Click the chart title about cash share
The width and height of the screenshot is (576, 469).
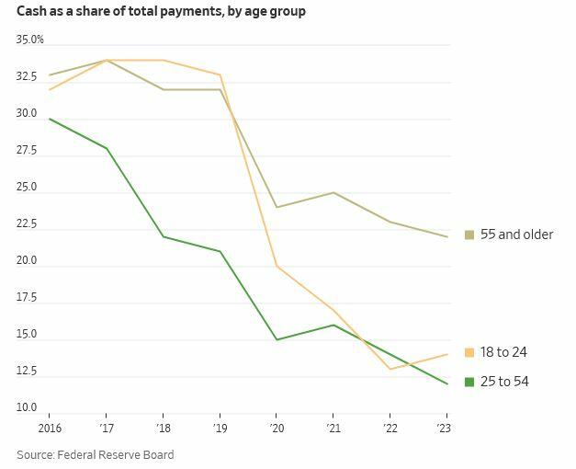162,12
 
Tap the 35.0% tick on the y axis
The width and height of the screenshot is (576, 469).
30,40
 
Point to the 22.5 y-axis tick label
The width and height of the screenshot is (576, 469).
27,223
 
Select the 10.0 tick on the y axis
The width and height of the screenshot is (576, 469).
27,407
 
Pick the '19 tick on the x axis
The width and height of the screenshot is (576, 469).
220,429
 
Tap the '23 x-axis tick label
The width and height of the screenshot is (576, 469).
447,429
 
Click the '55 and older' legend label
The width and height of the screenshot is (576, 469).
516,234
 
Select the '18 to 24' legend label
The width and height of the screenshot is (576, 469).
503,352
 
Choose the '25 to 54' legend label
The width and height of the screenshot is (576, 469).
504,382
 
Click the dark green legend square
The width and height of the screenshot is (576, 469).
469,382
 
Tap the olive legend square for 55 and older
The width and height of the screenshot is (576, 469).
469,234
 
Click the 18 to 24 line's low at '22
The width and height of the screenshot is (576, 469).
391,369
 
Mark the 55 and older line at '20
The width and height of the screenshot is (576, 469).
277,207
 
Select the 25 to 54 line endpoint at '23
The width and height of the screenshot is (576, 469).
447,383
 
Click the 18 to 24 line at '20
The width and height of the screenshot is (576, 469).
277,266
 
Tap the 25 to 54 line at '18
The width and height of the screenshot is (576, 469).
163,236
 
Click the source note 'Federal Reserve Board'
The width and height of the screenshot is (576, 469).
117,454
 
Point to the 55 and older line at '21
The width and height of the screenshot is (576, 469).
333,192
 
